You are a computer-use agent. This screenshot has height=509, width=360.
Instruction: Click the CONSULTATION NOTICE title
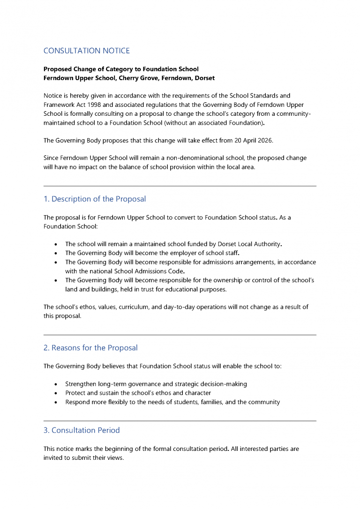tap(86, 51)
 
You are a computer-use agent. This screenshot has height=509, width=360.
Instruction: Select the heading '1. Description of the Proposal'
tap(94, 199)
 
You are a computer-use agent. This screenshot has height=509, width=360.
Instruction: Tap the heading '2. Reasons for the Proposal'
tap(90, 348)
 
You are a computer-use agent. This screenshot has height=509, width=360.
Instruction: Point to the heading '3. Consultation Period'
tap(82, 430)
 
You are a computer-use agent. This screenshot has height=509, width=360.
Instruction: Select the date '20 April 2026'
tap(254, 140)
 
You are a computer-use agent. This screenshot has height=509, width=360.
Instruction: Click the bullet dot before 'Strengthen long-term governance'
tap(56, 384)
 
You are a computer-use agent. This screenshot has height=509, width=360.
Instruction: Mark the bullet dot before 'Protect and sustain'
tap(56, 393)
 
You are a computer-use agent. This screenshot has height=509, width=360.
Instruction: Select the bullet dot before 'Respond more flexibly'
tap(56, 402)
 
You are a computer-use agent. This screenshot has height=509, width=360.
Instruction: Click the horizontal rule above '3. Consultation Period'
tap(180, 421)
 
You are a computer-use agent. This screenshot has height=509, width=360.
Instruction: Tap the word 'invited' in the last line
tap(53, 458)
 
